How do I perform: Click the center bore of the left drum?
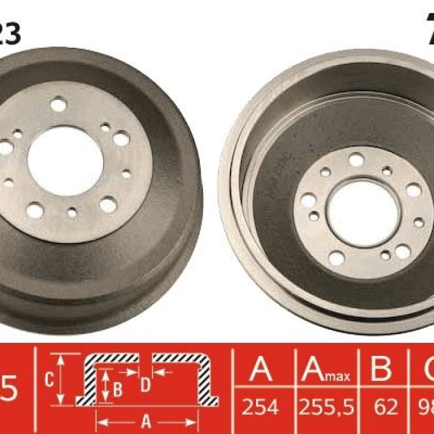pyautogui.click(x=65, y=161)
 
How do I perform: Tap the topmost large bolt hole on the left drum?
pyautogui.click(x=58, y=105)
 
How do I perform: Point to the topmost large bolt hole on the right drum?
pyautogui.click(x=356, y=160)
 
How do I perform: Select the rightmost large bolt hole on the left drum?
pyautogui.click(x=122, y=139)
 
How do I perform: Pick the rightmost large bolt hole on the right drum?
pyautogui.click(x=413, y=190)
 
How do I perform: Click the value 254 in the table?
pyautogui.click(x=260, y=407)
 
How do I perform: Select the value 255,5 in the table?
pyautogui.click(x=326, y=407)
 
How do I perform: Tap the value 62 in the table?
pyautogui.click(x=386, y=407)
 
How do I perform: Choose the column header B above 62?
pyautogui.click(x=381, y=371)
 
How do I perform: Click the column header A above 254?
pyautogui.click(x=260, y=371)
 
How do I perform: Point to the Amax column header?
pyautogui.click(x=326, y=371)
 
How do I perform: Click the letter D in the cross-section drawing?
pyautogui.click(x=145, y=385)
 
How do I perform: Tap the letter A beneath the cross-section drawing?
pyautogui.click(x=146, y=423)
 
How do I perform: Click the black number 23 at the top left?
pyautogui.click(x=9, y=33)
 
